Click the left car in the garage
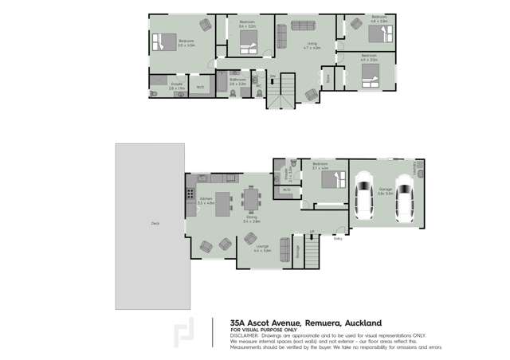(x=363, y=197)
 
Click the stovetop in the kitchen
(x=190, y=194)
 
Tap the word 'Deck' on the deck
(x=155, y=224)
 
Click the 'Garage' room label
(x=385, y=190)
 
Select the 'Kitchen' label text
(x=206, y=199)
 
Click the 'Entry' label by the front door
(x=338, y=238)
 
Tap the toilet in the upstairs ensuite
(x=155, y=92)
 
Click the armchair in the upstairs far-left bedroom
(x=206, y=25)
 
